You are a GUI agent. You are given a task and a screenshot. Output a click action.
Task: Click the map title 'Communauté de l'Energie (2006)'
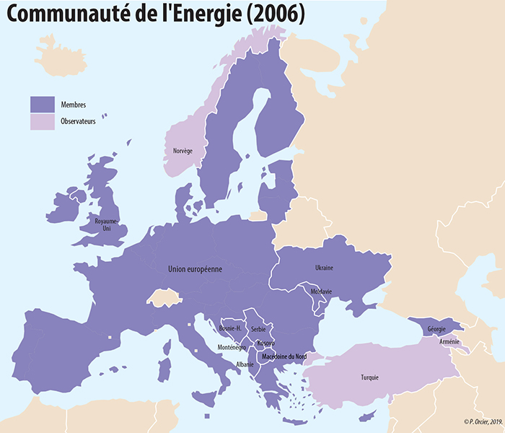click(155, 14)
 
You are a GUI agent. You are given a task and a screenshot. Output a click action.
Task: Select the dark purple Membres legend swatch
click(42, 104)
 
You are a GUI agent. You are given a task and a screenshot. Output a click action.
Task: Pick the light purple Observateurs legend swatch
click(42, 121)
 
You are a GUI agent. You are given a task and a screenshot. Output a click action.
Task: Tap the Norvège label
click(183, 151)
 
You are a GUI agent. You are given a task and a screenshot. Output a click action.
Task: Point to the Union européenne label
click(195, 269)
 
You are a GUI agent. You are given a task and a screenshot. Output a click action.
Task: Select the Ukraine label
click(324, 268)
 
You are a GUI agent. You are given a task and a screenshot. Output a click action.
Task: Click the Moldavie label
click(320, 292)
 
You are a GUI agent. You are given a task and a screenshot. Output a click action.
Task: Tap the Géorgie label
click(436, 329)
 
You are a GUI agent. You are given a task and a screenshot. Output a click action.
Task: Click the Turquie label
click(369, 377)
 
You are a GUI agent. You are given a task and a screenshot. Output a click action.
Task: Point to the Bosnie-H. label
click(234, 328)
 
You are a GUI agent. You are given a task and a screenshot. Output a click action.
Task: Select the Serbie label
click(258, 329)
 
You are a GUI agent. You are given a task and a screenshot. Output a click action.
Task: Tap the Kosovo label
click(265, 343)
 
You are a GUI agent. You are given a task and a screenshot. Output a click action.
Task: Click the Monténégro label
click(232, 348)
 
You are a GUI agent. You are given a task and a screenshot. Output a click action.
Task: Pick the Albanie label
click(245, 364)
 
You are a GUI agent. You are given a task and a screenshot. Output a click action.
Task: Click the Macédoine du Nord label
click(284, 357)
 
